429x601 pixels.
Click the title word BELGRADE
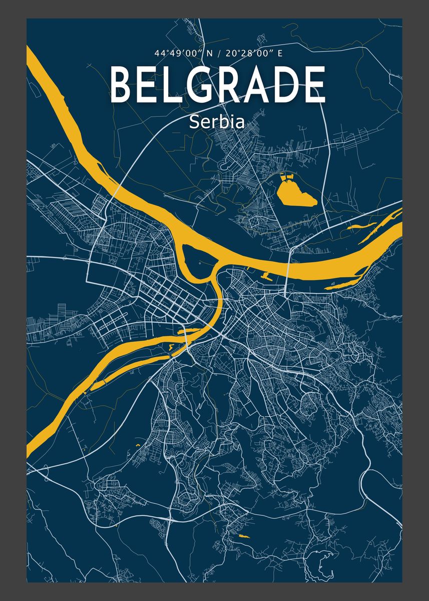point(217,85)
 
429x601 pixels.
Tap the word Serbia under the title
point(217,122)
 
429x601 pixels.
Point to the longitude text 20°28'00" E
point(254,53)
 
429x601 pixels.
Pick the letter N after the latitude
point(203,53)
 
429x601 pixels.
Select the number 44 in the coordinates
point(160,53)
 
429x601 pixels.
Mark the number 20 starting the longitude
point(229,53)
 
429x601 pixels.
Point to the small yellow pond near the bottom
point(244,536)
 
